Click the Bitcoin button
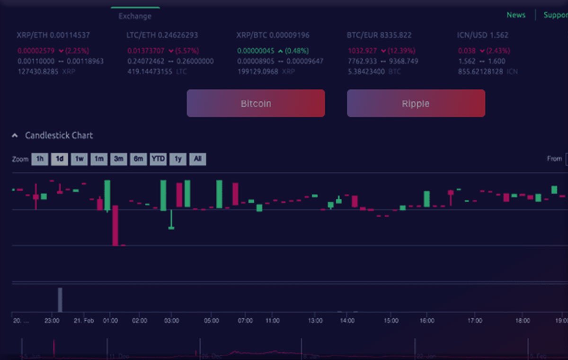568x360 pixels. coord(256,103)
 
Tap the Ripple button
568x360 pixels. coord(416,103)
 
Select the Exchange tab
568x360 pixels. coord(135,16)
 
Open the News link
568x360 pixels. coord(516,15)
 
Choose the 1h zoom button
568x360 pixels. coord(40,159)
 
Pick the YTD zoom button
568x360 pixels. coord(158,159)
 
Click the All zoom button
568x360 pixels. coord(197,159)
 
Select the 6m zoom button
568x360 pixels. coord(138,159)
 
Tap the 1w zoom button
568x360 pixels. coord(79,159)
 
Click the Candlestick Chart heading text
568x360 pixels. coord(59,135)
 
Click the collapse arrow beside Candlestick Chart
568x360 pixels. coord(15,135)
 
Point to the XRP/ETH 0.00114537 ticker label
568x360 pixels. coord(53,35)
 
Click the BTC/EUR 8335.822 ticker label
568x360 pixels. coord(379,35)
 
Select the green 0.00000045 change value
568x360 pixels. coord(256,51)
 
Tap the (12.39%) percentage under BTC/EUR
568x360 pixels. coord(401,51)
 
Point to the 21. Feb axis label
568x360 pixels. coord(84,321)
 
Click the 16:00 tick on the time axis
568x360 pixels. coord(426,321)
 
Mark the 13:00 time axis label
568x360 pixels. coord(315,321)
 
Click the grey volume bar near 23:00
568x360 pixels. coord(60,299)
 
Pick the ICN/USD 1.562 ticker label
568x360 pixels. coord(483,35)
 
